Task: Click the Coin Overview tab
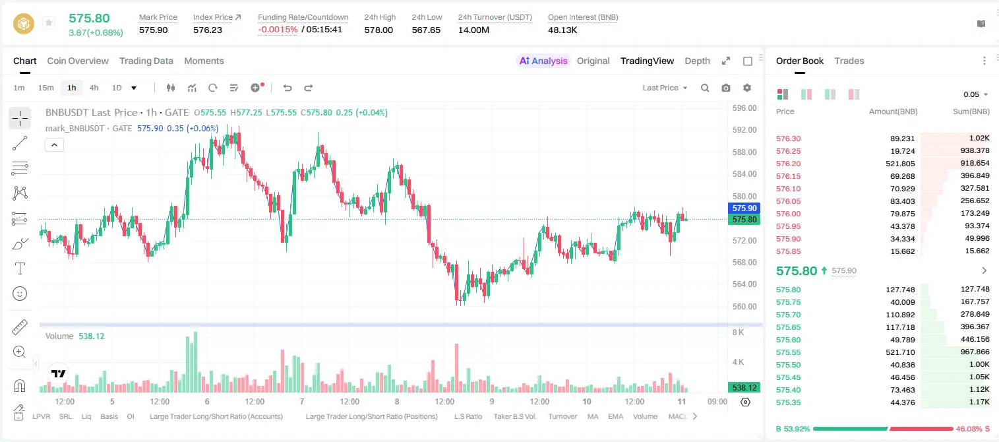(78, 61)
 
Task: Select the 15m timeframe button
(45, 88)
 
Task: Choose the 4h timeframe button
(94, 88)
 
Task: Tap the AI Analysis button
(543, 61)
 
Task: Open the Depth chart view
(697, 61)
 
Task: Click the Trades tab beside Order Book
(849, 61)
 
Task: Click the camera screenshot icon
(726, 88)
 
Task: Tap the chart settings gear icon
(747, 88)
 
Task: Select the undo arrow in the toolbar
(288, 88)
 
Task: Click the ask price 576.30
(788, 139)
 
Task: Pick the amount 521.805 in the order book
(900, 164)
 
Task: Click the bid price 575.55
(788, 352)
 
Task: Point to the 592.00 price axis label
(744, 130)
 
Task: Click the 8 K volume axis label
(738, 332)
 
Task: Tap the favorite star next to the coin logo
(49, 22)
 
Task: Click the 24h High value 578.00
(378, 30)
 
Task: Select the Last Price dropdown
(665, 88)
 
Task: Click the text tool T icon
(20, 268)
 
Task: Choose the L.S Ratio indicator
(468, 416)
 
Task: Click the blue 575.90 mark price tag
(744, 208)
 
